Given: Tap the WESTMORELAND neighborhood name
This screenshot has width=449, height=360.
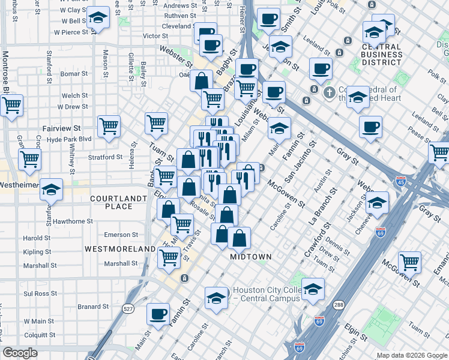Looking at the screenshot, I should tap(120, 248).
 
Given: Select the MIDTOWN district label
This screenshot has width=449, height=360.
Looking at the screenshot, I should tap(252, 256).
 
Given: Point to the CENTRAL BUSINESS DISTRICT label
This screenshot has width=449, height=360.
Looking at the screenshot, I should tap(382, 53).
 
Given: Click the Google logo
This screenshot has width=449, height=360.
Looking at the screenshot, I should tap(20, 352).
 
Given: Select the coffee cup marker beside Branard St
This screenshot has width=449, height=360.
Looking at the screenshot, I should tap(158, 314).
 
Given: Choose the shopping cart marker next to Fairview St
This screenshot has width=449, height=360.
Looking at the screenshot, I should tap(109, 127).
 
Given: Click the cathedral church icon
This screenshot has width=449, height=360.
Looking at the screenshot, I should tap(328, 93).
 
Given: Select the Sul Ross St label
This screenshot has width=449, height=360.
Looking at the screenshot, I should tap(40, 294).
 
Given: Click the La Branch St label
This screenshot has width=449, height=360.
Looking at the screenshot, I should tap(322, 204).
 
